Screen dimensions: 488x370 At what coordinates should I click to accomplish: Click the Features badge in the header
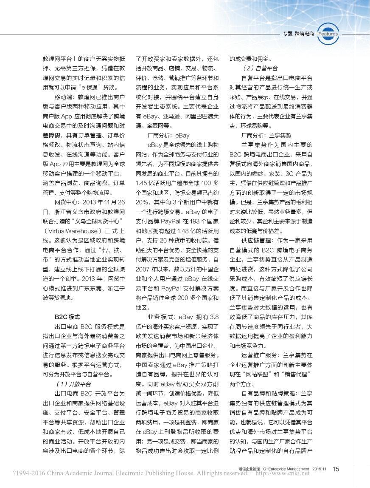coord(328,34)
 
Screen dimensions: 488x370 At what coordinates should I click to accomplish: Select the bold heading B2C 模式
coord(67,317)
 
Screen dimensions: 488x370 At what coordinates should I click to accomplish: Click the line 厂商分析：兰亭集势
coord(266,135)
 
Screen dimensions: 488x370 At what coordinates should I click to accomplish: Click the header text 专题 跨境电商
coord(298,34)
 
